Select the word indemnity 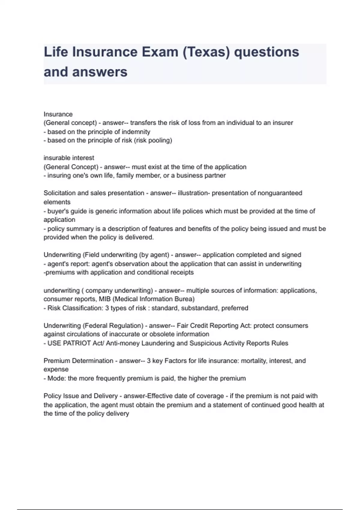pyautogui.click(x=136, y=132)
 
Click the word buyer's pyautogui.click(x=58, y=211)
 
